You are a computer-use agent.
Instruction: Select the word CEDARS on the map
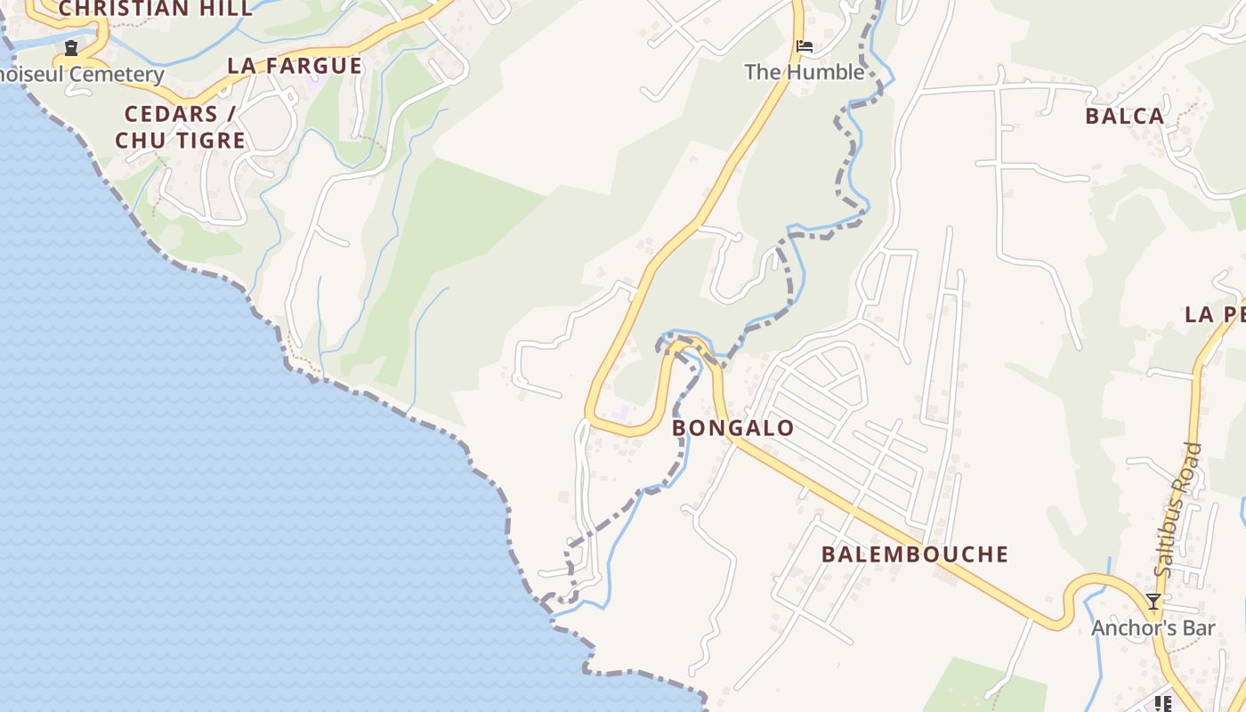171,114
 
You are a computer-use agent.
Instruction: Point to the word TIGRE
213,141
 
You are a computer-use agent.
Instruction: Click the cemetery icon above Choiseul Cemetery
70,48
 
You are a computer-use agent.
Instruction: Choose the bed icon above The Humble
805,46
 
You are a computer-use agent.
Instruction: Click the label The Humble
805,72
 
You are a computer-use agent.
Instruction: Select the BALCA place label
1125,116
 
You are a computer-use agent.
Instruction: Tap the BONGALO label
733,428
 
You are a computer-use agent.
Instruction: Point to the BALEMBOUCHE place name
915,554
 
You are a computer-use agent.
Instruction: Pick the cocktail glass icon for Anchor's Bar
1153,603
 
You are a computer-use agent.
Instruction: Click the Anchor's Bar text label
1153,628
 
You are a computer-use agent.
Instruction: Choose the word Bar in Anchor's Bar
1199,628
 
